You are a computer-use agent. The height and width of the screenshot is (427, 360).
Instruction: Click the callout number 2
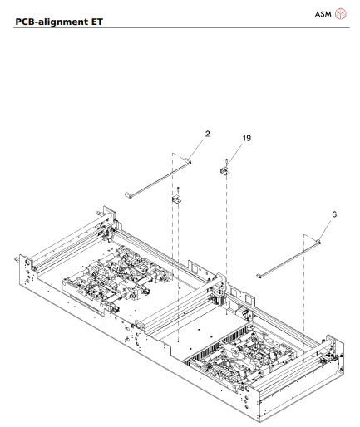207,132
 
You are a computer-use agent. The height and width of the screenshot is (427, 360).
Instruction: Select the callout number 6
334,213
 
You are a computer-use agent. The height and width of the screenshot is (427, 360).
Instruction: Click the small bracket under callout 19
224,170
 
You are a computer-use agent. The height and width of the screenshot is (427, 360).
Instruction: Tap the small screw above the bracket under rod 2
177,191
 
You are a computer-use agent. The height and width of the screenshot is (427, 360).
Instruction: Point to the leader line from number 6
327,228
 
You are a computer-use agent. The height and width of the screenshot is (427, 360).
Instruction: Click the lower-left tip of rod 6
260,273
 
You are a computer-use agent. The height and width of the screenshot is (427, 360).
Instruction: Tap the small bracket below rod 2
176,200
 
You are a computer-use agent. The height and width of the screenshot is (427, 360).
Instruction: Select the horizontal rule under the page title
180,27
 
